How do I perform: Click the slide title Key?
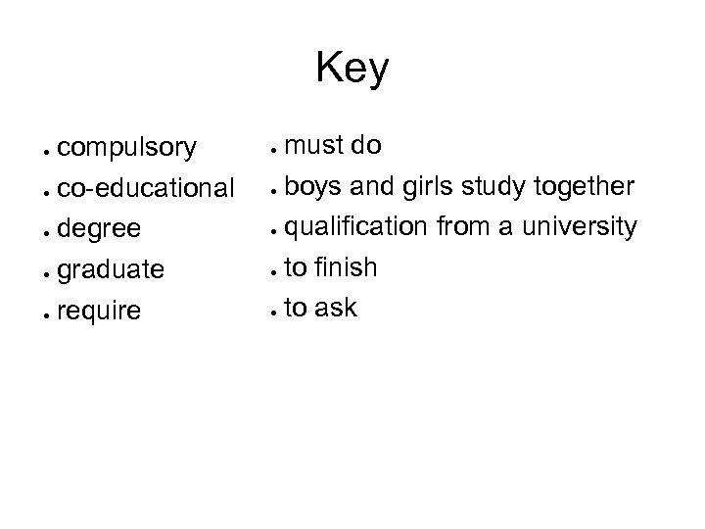352,70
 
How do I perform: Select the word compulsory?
126,149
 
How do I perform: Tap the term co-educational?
145,187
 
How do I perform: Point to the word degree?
100,228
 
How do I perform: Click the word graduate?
111,268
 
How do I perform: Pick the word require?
99,311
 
